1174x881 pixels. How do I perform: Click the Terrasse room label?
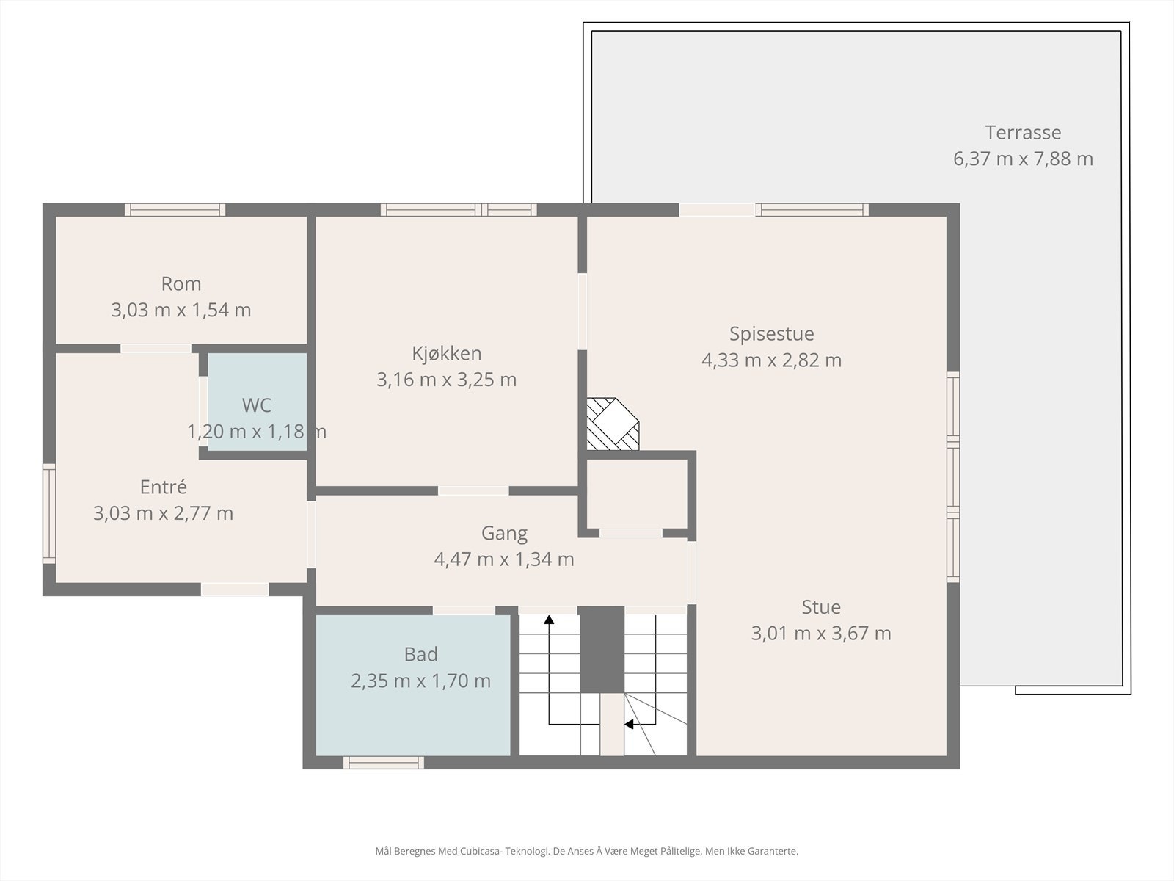(x=1023, y=133)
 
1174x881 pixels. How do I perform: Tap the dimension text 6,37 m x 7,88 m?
(x=1023, y=159)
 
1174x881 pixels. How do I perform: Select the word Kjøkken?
(x=447, y=354)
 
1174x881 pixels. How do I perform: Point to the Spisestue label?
(x=771, y=334)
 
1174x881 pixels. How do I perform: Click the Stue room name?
(x=821, y=606)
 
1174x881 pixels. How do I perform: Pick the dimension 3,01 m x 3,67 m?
(x=821, y=634)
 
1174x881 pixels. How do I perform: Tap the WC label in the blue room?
(x=256, y=405)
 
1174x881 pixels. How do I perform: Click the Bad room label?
(x=421, y=654)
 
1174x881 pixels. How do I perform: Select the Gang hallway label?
(x=504, y=533)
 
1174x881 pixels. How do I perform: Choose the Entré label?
(x=163, y=487)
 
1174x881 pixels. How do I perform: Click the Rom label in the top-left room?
(x=181, y=284)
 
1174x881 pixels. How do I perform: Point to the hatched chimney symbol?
(x=613, y=424)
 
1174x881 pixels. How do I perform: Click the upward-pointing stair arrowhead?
(x=549, y=620)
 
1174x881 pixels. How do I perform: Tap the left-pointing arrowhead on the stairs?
(x=629, y=725)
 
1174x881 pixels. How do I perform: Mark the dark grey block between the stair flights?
(x=602, y=650)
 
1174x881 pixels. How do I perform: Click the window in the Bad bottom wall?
(x=384, y=763)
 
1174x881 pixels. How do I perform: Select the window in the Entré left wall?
(x=49, y=513)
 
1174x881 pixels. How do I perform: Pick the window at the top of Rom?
(x=175, y=210)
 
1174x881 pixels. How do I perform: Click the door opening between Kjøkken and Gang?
(x=473, y=490)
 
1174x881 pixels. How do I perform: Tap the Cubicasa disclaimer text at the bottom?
(x=587, y=851)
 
